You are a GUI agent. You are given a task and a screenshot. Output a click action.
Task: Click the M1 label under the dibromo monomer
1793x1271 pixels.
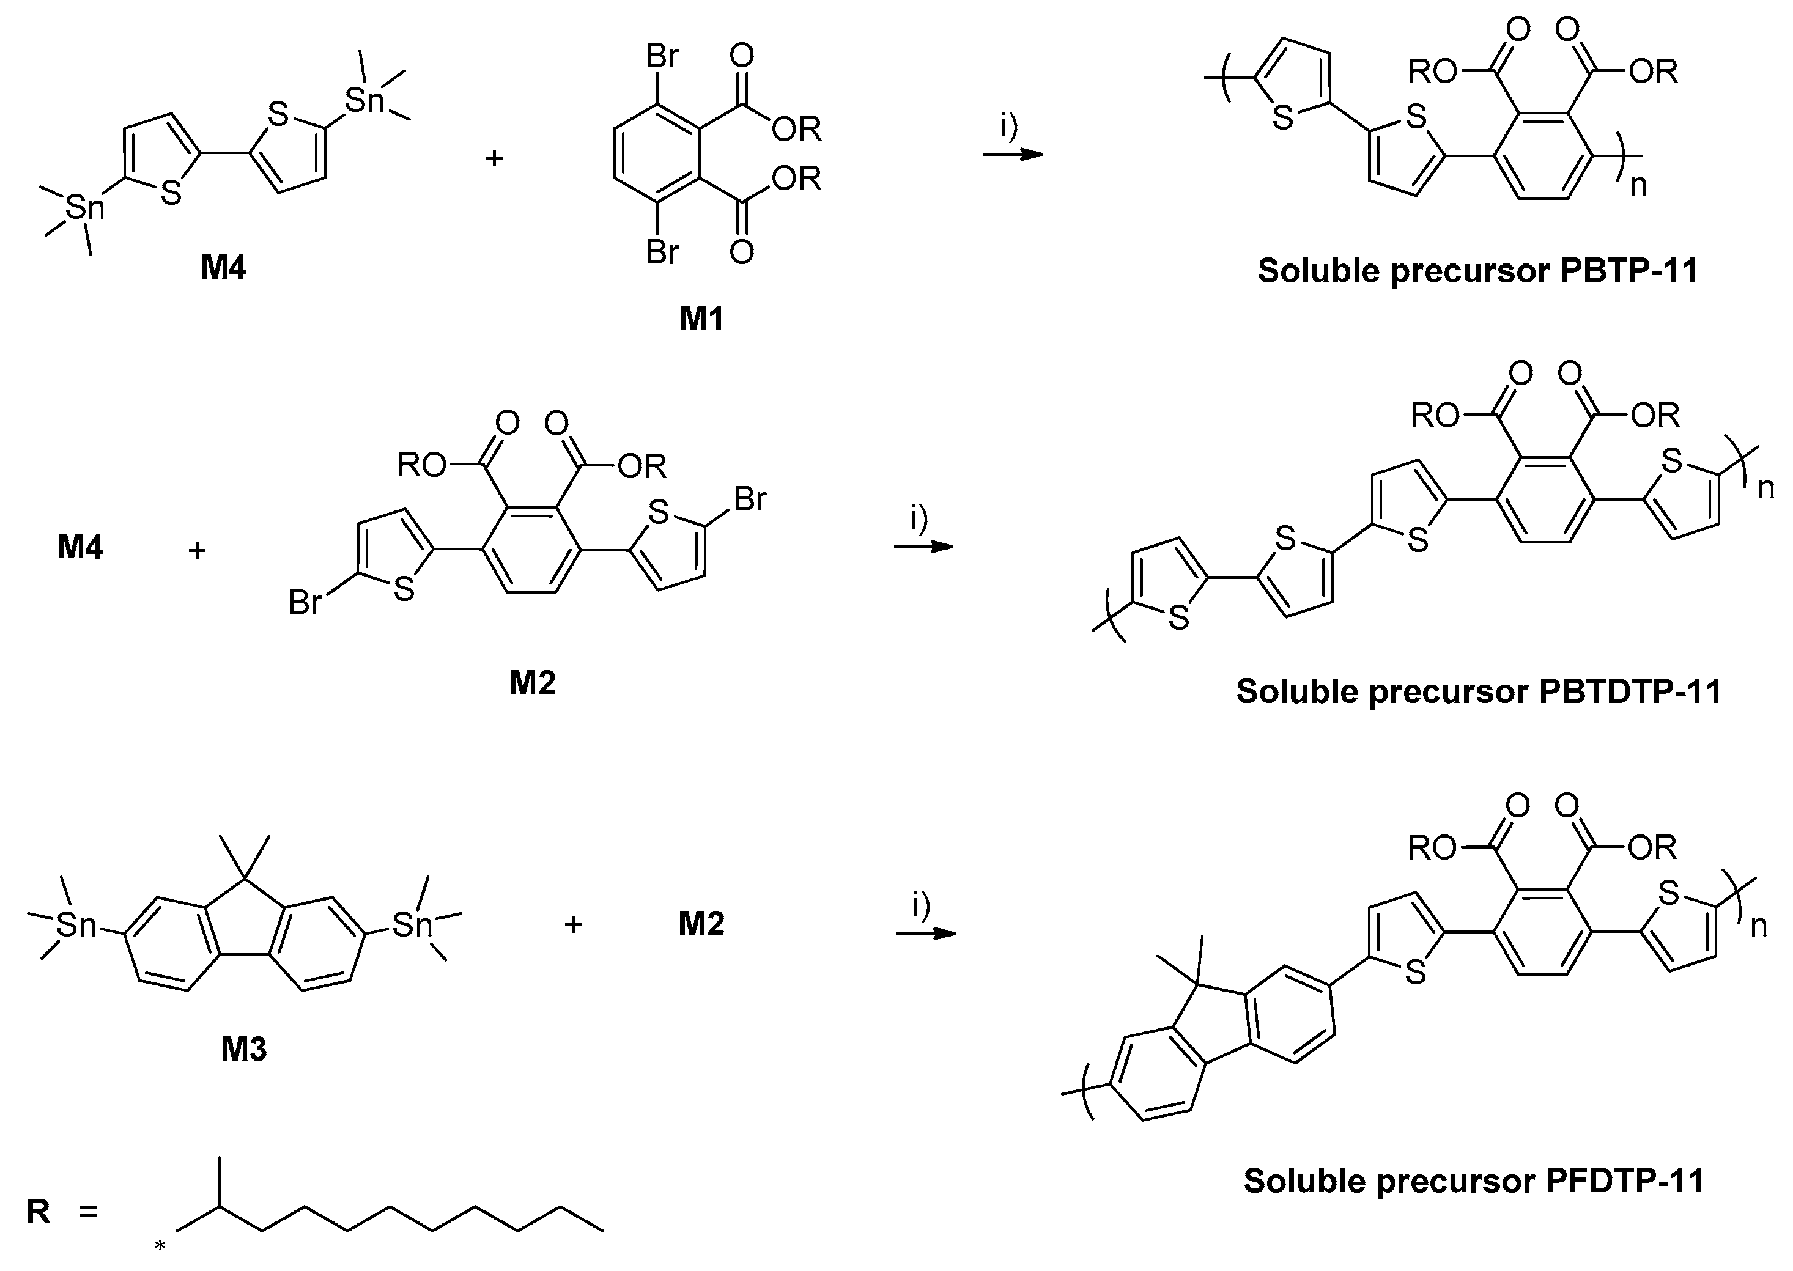coord(701,319)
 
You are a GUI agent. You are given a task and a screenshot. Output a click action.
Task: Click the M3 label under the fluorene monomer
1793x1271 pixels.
coord(243,1048)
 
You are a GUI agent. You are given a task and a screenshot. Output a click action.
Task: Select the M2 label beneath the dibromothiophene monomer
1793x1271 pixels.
coord(532,682)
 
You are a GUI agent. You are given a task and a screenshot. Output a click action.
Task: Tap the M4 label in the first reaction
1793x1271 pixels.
coord(224,268)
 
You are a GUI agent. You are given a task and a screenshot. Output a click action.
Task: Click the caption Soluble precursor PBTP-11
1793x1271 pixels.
coord(1477,271)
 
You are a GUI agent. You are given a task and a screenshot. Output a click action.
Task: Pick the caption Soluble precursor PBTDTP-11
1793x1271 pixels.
coord(1479,691)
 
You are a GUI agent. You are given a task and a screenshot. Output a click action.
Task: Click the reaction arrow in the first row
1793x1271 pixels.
coord(1013,154)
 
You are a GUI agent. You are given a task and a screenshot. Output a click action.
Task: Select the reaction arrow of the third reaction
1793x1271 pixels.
coord(926,934)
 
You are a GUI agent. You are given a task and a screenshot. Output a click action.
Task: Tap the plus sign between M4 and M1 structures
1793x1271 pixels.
coord(494,158)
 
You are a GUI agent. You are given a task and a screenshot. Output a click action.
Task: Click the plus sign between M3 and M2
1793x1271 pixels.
coord(573,924)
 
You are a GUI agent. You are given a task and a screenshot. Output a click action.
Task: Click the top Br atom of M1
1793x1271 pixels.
coord(662,56)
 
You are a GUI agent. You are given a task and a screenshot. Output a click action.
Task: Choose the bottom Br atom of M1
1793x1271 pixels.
coord(662,252)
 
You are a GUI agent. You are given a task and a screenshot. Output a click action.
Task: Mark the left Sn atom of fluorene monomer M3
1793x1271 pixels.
coord(76,925)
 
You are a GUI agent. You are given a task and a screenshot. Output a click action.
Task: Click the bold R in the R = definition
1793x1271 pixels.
coord(39,1212)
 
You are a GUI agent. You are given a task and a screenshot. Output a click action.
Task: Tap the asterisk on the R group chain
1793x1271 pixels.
coord(160,1245)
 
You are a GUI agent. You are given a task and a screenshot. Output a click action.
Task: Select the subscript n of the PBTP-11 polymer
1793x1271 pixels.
coord(1638,185)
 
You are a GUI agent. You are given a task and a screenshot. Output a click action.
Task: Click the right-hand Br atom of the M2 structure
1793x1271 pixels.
coord(750,498)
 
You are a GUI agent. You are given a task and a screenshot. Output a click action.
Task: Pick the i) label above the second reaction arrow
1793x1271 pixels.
coord(919,517)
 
